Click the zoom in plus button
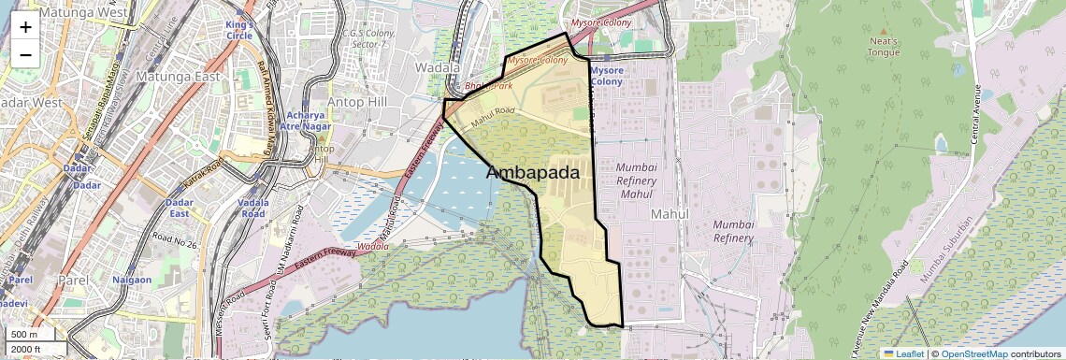pyautogui.click(x=25, y=26)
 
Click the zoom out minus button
pyautogui.click(x=25, y=54)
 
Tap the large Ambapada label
pyautogui.click(x=533, y=173)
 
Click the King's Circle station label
pyautogui.click(x=238, y=29)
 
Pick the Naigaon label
pyautogui.click(x=132, y=280)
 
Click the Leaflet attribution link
pyautogui.click(x=903, y=353)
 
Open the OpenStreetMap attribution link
pyautogui.click(x=973, y=353)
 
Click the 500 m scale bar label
pyautogui.click(x=25, y=335)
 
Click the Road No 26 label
pyautogui.click(x=175, y=244)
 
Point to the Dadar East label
pyautogui.click(x=179, y=208)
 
